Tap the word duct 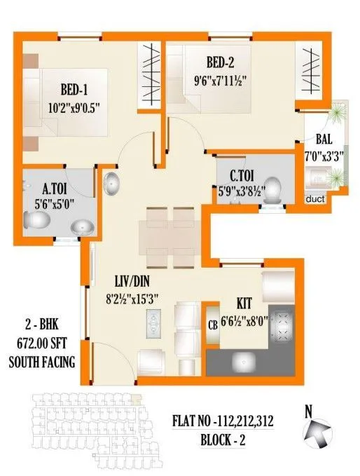(316, 199)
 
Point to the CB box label (211, 324)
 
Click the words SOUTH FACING (42, 362)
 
